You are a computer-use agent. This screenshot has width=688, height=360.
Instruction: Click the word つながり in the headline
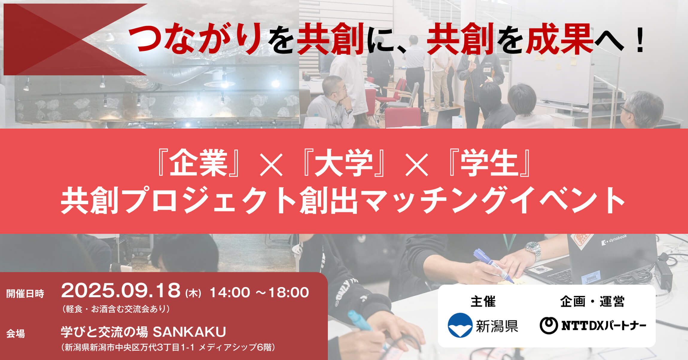(195, 39)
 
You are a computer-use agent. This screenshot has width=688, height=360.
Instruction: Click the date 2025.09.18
(121, 291)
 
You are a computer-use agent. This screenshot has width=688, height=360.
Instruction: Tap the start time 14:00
(229, 292)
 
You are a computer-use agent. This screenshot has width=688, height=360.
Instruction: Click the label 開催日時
(25, 294)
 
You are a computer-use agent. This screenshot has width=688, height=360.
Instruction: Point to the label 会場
(16, 333)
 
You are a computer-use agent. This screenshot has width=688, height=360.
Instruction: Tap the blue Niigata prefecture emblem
(460, 325)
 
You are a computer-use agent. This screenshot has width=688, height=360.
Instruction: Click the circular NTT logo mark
(549, 325)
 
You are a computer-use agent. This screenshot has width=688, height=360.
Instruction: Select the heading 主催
(483, 301)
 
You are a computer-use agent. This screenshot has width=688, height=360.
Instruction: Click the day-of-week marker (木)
(193, 293)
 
